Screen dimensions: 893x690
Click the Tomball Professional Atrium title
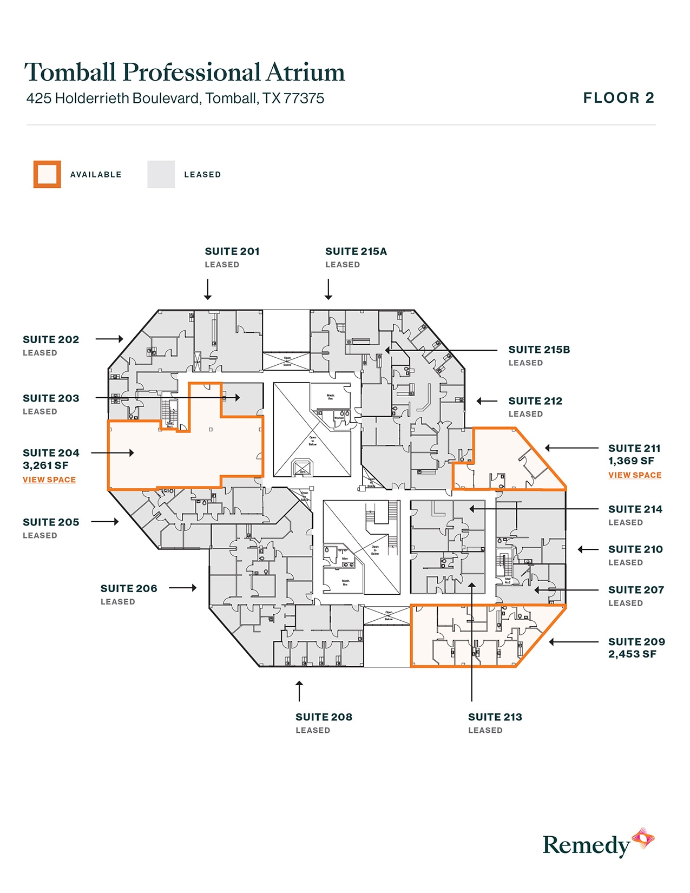pyautogui.click(x=185, y=72)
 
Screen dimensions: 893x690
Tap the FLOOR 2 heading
pyautogui.click(x=619, y=98)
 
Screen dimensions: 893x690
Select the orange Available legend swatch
pyautogui.click(x=47, y=174)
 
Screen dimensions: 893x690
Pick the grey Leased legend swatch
pyautogui.click(x=161, y=174)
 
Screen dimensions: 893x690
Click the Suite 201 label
pyautogui.click(x=232, y=252)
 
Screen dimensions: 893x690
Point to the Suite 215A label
pyautogui.click(x=356, y=252)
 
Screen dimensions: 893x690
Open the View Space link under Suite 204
pyautogui.click(x=49, y=480)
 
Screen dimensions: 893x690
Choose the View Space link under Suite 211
pyautogui.click(x=635, y=475)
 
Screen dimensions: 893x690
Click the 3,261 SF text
pyautogui.click(x=45, y=465)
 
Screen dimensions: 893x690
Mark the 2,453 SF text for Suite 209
pyautogui.click(x=632, y=654)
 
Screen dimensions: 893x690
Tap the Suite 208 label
pyautogui.click(x=324, y=717)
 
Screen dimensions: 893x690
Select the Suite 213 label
pyautogui.click(x=495, y=717)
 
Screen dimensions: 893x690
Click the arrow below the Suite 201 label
pyautogui.click(x=208, y=289)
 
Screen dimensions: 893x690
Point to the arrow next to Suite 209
pyautogui.click(x=574, y=642)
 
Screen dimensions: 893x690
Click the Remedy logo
pyautogui.click(x=598, y=843)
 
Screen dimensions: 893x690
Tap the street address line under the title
pyautogui.click(x=175, y=99)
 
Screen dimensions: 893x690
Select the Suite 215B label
pyautogui.click(x=539, y=350)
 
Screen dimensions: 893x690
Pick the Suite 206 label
pyautogui.click(x=129, y=588)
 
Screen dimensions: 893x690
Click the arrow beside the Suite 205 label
pyautogui.click(x=105, y=522)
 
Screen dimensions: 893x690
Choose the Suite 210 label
pyautogui.click(x=635, y=549)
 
